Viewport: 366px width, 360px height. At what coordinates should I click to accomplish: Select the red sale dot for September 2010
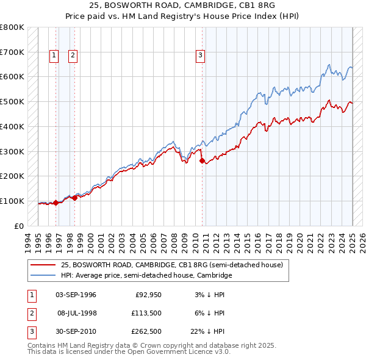[x=202, y=161]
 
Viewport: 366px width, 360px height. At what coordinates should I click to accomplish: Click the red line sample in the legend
[x=43, y=265]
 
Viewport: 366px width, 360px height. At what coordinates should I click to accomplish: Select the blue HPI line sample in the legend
[x=43, y=276]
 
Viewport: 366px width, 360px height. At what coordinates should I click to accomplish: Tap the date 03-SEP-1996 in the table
[x=76, y=295]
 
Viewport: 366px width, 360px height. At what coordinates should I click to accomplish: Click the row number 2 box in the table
[x=32, y=313]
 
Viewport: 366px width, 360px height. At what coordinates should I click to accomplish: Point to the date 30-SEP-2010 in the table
[x=76, y=332]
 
